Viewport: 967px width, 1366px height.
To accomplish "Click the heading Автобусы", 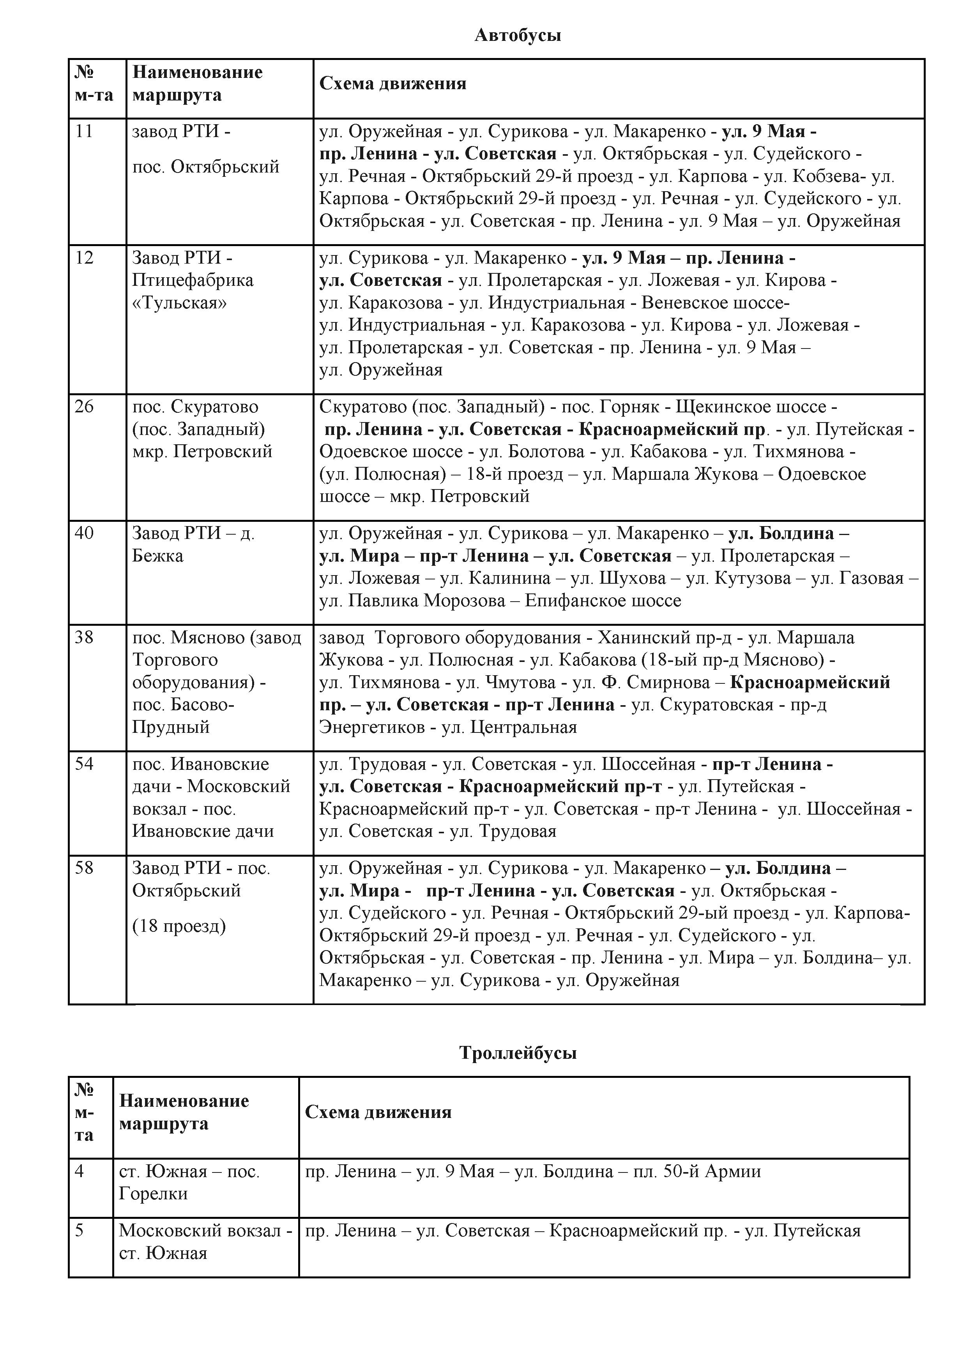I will tap(518, 36).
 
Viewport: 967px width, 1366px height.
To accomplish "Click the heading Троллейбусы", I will tap(518, 1053).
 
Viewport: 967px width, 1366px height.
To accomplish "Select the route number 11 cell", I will tap(85, 131).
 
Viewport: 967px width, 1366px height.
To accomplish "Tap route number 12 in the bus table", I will tap(85, 258).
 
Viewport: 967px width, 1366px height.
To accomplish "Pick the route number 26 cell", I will tap(85, 407).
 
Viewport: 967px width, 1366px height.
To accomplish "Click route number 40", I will tap(85, 532).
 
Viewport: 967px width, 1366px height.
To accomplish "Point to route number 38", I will tap(85, 637).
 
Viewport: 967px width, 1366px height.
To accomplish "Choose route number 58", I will tap(85, 868).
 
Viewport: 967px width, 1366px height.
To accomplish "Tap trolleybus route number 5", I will tap(80, 1230).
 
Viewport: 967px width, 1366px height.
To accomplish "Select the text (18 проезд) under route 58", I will tap(179, 926).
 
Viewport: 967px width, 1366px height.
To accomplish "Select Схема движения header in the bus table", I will tap(392, 83).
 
